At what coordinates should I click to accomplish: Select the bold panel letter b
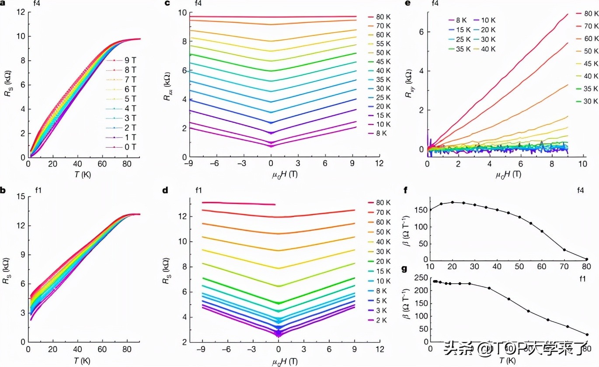click(x=3, y=189)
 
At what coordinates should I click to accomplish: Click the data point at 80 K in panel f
click(x=586, y=259)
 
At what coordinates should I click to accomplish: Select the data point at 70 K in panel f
click(x=564, y=250)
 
